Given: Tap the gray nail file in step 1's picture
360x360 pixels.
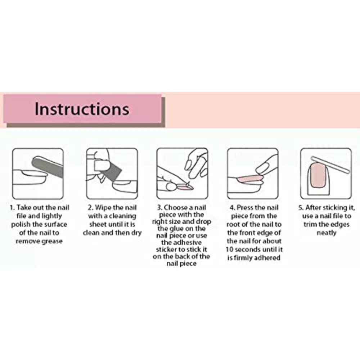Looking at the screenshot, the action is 47,166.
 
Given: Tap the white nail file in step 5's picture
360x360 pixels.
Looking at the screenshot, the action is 330,165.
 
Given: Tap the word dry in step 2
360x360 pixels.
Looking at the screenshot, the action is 136,233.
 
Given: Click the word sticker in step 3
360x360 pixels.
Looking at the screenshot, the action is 167,249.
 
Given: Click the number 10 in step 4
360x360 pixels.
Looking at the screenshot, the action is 229,249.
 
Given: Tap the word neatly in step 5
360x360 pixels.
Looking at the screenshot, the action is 327,233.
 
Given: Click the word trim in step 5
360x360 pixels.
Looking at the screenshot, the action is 309,224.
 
